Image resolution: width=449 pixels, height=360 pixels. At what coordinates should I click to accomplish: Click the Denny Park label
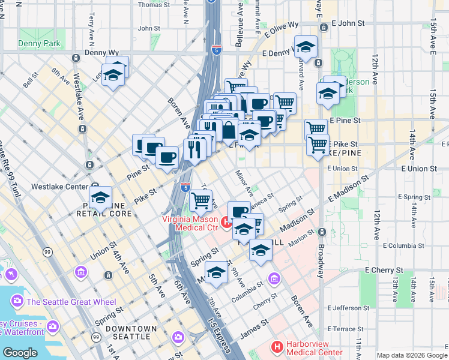click(x=39, y=44)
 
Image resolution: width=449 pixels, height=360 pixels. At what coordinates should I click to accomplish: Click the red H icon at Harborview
click(x=277, y=346)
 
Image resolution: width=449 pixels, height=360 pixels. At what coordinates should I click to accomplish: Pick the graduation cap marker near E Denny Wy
click(x=306, y=49)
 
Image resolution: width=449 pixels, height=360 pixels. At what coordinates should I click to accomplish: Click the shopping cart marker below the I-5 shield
click(x=202, y=200)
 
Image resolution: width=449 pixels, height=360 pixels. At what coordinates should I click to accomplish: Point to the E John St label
click(x=348, y=23)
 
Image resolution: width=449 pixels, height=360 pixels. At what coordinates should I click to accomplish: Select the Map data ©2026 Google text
click(x=411, y=355)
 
